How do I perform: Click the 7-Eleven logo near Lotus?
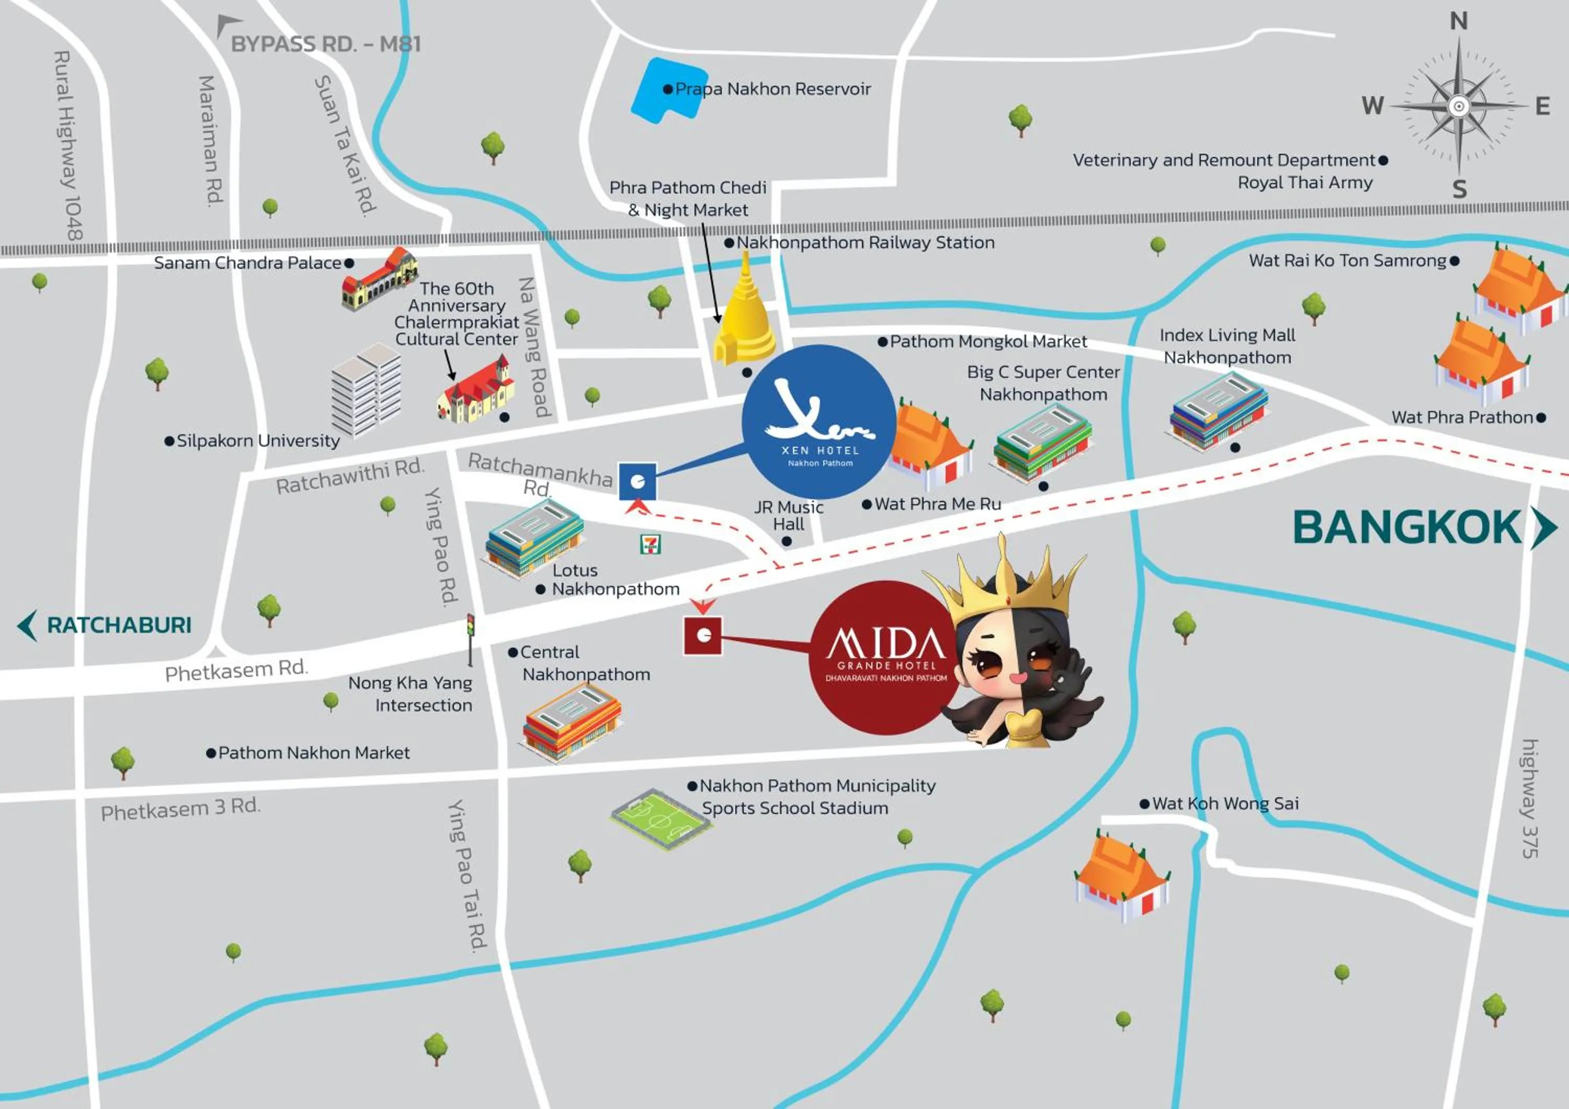[650, 544]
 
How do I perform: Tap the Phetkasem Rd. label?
[236, 670]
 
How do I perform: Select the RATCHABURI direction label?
[119, 625]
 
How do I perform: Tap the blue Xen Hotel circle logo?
[818, 422]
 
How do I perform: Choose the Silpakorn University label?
[258, 441]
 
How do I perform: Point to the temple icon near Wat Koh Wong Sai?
[1121, 878]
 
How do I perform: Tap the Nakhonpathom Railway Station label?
[865, 243]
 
